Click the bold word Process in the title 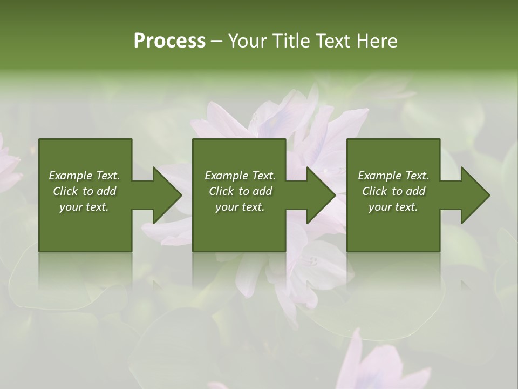point(169,41)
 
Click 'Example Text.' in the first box point(84,176)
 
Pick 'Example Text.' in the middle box point(240,176)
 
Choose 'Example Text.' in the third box point(393,176)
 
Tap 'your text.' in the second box point(240,207)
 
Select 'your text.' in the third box point(393,207)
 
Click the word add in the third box point(414,191)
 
